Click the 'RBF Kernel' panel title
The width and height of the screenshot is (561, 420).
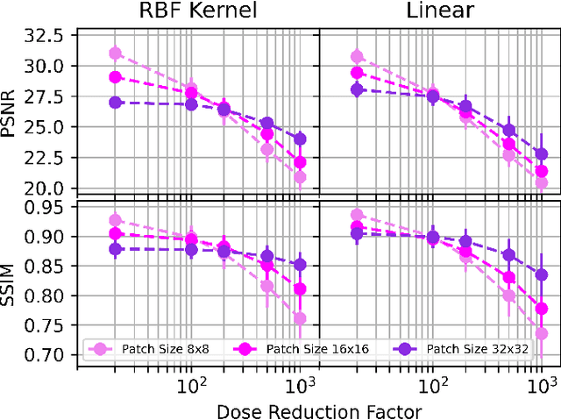(198, 11)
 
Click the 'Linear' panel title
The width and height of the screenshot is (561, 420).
(440, 11)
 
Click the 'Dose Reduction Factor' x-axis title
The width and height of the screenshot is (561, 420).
(319, 409)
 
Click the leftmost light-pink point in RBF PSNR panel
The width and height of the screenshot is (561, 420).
(115, 53)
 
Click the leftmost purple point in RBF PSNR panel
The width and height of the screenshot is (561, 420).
(115, 103)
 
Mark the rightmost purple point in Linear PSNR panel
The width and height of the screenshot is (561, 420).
(542, 154)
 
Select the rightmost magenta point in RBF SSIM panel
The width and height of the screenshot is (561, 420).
(300, 289)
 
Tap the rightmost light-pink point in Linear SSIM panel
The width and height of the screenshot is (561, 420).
(542, 333)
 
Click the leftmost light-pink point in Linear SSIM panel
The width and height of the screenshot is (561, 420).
(357, 215)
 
